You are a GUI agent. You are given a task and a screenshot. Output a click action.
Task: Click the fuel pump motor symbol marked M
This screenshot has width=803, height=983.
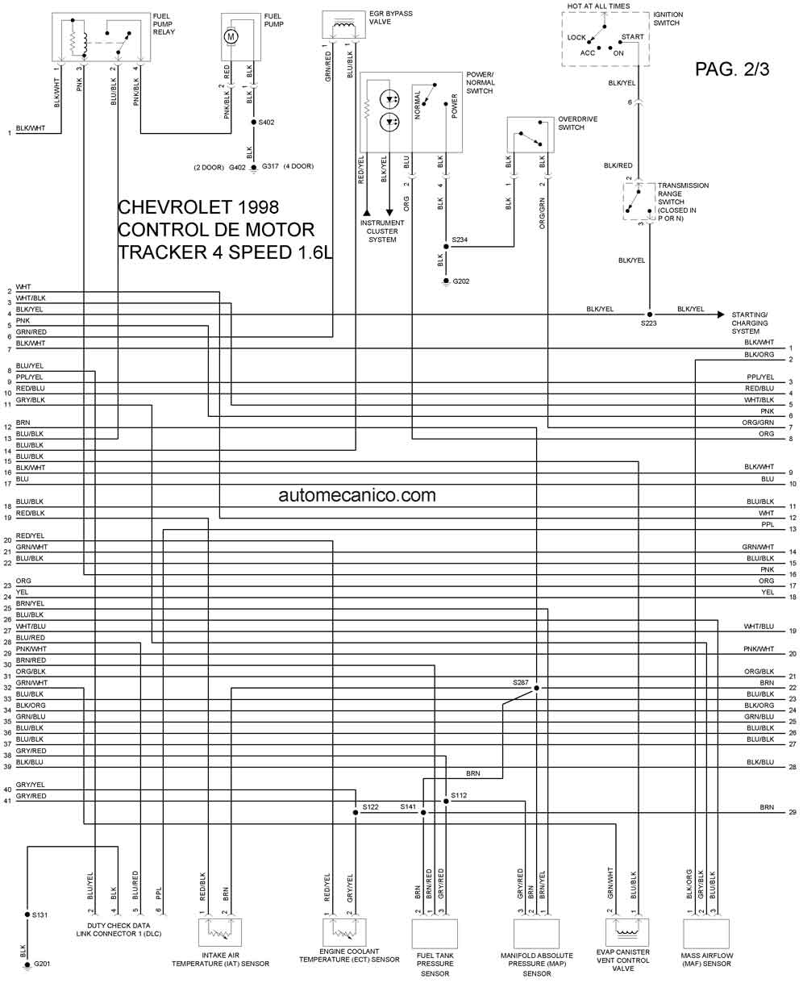pyautogui.click(x=231, y=36)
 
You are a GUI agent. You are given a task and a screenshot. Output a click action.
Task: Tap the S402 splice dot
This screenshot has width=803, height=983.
pyautogui.click(x=253, y=122)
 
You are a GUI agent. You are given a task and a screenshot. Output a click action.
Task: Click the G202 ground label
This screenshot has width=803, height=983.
pyautogui.click(x=461, y=281)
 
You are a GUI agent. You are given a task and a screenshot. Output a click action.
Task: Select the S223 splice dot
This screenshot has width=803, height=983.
pyautogui.click(x=650, y=314)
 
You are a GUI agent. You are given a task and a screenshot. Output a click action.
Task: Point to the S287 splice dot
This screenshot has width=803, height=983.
pyautogui.click(x=536, y=688)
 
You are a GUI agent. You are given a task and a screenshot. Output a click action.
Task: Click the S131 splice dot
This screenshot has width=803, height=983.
pyautogui.click(x=27, y=914)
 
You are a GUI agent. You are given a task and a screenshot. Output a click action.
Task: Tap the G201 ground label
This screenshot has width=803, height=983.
pyautogui.click(x=42, y=964)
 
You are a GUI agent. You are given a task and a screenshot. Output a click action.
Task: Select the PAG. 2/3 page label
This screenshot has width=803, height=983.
pyautogui.click(x=732, y=69)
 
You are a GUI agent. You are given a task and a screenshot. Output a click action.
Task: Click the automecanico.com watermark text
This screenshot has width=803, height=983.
pyautogui.click(x=357, y=495)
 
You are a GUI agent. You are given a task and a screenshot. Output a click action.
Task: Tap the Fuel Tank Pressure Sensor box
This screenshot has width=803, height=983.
pyautogui.click(x=435, y=934)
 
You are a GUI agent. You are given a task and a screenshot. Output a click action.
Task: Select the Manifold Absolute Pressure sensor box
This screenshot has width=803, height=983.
pyautogui.click(x=536, y=934)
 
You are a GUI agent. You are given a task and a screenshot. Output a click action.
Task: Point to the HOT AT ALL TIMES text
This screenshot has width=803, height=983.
pyautogui.click(x=598, y=6)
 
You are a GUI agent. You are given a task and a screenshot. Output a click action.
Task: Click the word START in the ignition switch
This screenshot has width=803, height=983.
pyautogui.click(x=632, y=36)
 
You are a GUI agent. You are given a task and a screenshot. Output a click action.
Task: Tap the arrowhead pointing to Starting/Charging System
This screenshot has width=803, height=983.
pyautogui.click(x=721, y=314)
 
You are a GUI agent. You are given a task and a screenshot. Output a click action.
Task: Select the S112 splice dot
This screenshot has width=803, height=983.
pyautogui.click(x=446, y=802)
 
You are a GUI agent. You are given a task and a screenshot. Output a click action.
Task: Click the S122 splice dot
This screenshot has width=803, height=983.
pyautogui.click(x=356, y=812)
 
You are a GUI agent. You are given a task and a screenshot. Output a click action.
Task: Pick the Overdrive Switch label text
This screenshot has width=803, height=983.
pyautogui.click(x=577, y=123)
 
